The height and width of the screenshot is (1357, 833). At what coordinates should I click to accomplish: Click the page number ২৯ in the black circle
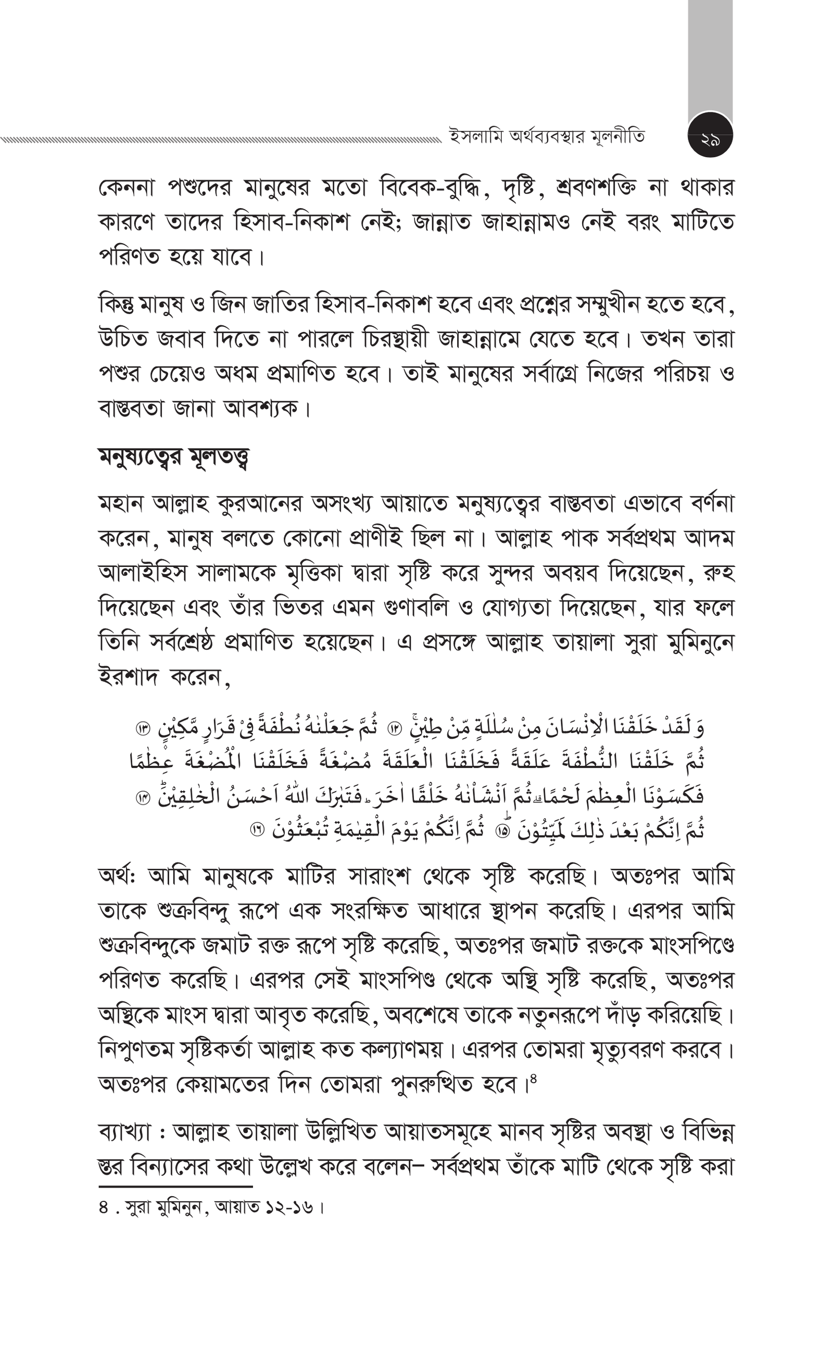tap(710, 135)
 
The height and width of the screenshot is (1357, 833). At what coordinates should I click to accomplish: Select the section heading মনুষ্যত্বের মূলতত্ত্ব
tap(173, 456)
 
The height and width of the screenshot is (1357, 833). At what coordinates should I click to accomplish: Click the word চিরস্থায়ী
tap(395, 339)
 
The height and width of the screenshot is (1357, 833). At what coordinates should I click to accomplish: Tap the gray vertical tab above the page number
tap(710, 55)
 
